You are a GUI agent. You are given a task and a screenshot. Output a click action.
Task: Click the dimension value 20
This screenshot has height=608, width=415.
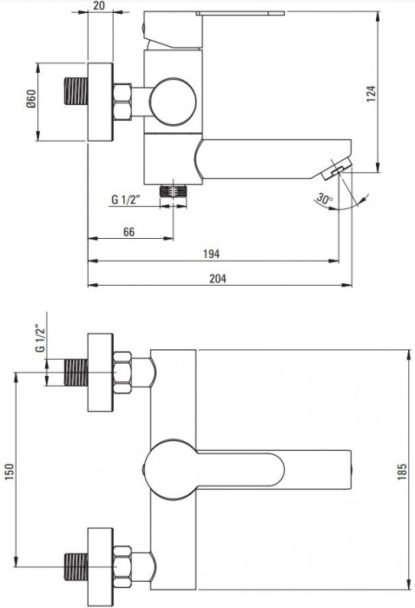[100, 5]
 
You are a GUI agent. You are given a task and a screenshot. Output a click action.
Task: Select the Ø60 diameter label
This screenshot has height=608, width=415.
[31, 98]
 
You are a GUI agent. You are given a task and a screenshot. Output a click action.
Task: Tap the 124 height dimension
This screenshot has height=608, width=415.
[371, 94]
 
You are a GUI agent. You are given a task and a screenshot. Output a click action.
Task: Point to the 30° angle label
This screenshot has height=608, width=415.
[325, 199]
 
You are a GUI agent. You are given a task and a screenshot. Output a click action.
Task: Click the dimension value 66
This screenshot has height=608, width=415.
[129, 232]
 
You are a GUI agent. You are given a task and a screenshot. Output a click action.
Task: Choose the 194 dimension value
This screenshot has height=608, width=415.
[212, 254]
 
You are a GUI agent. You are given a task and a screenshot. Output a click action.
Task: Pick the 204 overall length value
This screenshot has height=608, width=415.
[218, 279]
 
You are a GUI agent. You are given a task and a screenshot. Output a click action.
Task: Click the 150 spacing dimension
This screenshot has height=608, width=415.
[10, 471]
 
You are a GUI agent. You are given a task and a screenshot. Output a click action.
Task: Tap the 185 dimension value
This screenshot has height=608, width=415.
[402, 471]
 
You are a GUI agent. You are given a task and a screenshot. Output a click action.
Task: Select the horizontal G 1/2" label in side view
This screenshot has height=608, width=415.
[126, 199]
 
